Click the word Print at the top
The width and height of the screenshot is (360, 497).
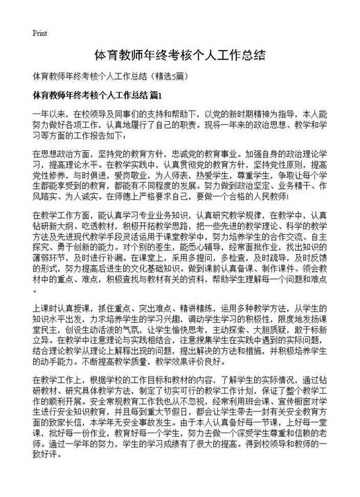coord(39,33)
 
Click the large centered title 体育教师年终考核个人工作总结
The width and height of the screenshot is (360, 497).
coord(179,55)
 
